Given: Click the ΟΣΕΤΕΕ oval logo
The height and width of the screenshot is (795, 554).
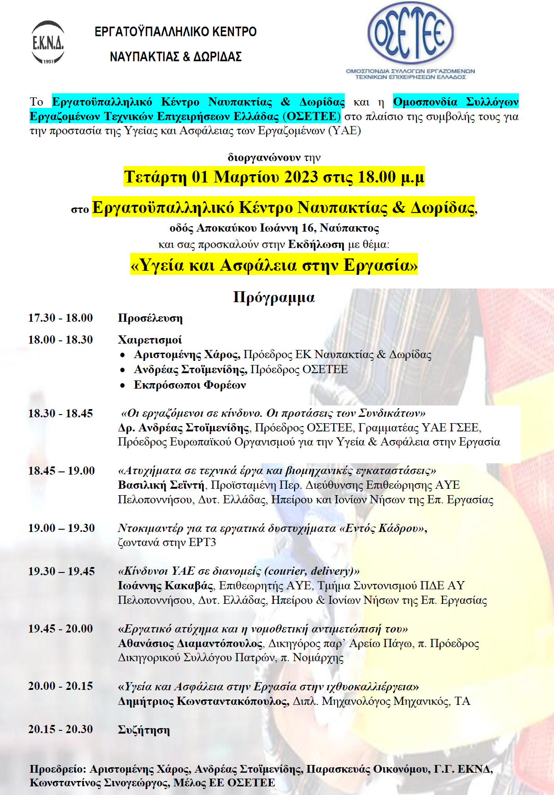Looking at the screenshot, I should point(410,34).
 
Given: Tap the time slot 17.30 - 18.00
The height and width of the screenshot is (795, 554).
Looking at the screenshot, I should point(61,318).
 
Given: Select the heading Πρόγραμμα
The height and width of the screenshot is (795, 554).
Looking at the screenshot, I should point(274,297).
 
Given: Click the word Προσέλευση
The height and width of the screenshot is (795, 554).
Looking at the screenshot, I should point(150,318).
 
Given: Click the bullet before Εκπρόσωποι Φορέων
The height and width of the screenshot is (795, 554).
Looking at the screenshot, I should point(122,385).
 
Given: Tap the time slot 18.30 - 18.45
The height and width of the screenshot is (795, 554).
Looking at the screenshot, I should point(61,413).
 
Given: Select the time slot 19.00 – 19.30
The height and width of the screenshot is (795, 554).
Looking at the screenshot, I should point(61,528).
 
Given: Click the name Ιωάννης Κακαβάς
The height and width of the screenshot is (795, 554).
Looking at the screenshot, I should point(166,586).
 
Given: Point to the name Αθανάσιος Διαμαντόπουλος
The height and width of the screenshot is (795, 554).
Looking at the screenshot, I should point(190,643).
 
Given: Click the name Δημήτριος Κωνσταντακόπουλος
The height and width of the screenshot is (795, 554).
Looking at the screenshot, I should point(203,701).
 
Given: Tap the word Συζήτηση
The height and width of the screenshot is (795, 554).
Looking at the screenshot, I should point(143,730).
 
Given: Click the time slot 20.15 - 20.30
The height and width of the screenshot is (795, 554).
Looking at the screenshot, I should point(61,729).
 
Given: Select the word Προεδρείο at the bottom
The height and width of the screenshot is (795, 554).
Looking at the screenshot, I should point(58,769).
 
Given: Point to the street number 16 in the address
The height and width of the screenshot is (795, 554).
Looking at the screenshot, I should point(308,228).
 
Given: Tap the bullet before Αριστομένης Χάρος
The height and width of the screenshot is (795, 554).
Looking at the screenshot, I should point(122,355).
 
